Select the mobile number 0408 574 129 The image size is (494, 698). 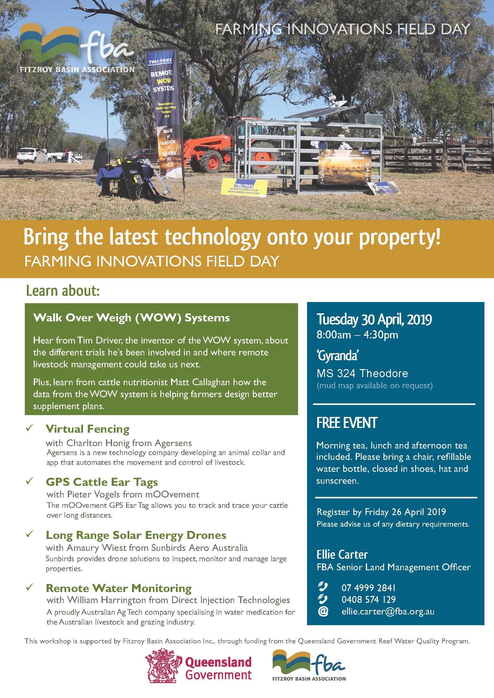click(x=368, y=600)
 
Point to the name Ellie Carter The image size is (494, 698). click(x=342, y=555)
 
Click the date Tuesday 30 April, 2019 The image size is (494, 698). click(x=374, y=320)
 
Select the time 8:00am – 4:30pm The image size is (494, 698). click(x=357, y=335)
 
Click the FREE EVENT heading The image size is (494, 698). click(x=347, y=423)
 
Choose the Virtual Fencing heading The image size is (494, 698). click(x=88, y=429)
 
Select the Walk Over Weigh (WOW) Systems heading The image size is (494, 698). click(x=131, y=318)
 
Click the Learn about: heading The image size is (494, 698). click(x=63, y=291)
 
